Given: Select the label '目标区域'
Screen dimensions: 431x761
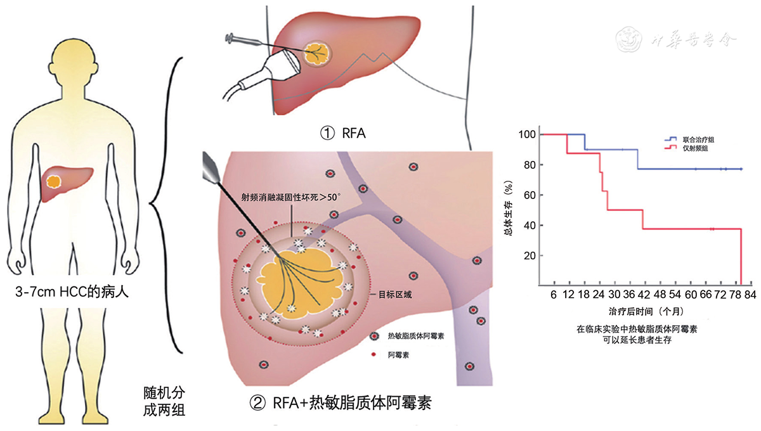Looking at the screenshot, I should (394, 293).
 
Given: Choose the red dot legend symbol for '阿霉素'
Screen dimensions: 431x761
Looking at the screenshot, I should (374, 354).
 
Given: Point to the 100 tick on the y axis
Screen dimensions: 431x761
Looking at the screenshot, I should (527, 134).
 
